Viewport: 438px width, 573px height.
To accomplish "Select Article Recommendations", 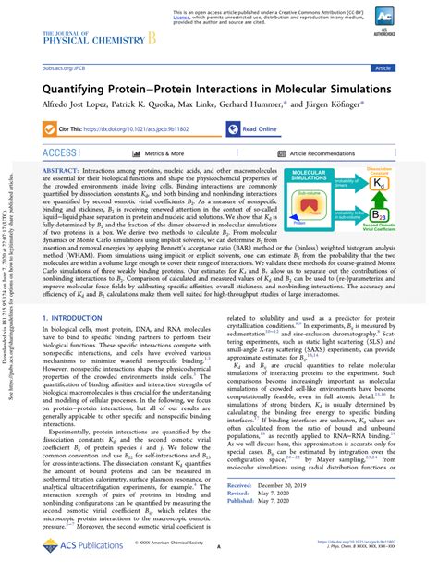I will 328,153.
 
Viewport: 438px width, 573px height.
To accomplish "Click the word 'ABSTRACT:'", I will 64,172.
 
